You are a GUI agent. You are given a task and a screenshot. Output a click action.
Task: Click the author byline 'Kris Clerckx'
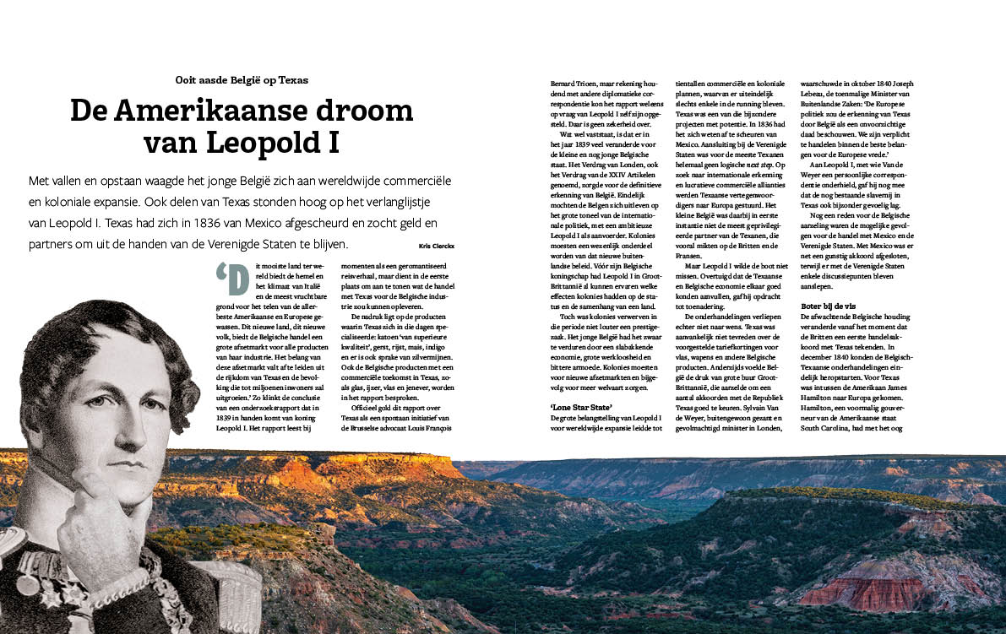pos(436,246)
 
